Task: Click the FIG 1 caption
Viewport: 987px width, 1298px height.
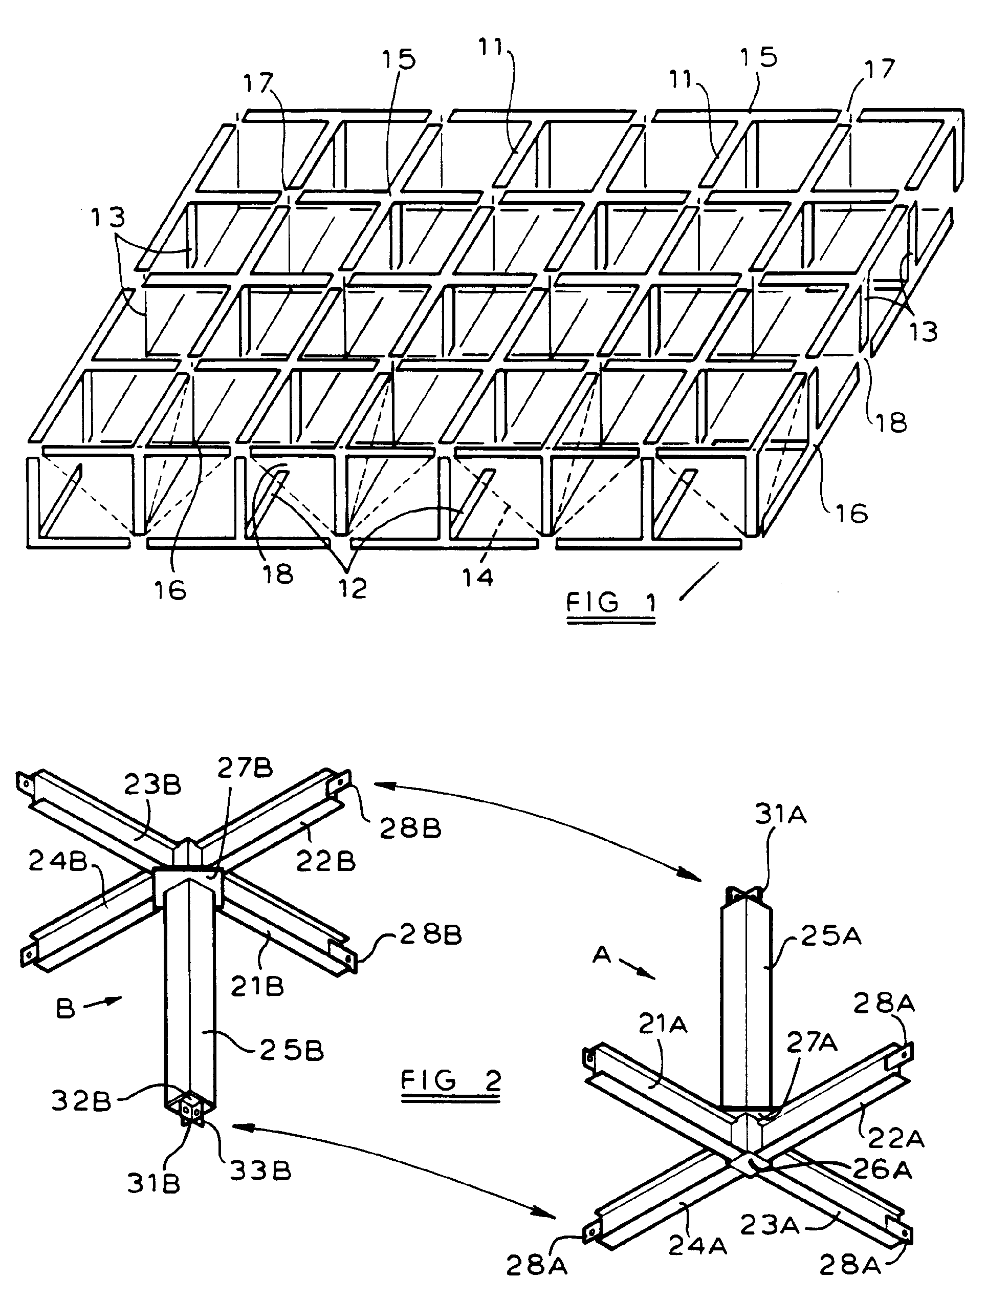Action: (x=610, y=604)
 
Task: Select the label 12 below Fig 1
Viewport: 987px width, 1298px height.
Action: (x=353, y=588)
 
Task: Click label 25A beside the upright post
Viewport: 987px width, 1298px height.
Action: (x=829, y=937)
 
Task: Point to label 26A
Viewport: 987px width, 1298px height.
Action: (x=880, y=1170)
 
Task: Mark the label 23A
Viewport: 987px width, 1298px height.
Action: (x=769, y=1224)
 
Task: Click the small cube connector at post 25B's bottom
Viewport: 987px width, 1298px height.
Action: (x=190, y=1111)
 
